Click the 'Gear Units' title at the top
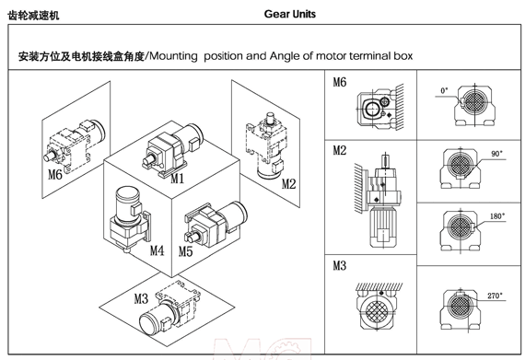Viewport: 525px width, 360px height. point(289,14)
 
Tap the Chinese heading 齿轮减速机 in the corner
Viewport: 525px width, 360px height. point(33,16)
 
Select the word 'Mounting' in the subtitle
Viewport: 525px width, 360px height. point(173,56)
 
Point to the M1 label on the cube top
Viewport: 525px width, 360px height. point(178,178)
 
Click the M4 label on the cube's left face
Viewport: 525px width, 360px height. point(157,250)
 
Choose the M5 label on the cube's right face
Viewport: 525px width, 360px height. point(185,251)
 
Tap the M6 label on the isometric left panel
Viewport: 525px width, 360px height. point(55,174)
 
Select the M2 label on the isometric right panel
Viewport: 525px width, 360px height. point(288,183)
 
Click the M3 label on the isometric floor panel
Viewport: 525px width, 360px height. point(141,298)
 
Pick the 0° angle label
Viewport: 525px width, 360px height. point(444,90)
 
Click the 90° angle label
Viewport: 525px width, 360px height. point(496,154)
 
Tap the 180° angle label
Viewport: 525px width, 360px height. point(497,216)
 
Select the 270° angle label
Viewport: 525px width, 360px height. point(495,296)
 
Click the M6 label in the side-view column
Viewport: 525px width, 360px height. point(340,82)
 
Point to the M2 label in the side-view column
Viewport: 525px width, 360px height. point(340,150)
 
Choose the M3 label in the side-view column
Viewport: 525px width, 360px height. point(340,266)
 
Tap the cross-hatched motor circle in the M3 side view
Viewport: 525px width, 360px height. point(378,310)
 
